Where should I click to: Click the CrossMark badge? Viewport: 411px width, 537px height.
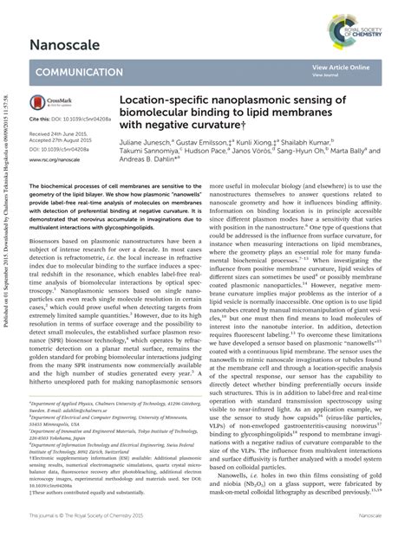coord(47,102)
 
